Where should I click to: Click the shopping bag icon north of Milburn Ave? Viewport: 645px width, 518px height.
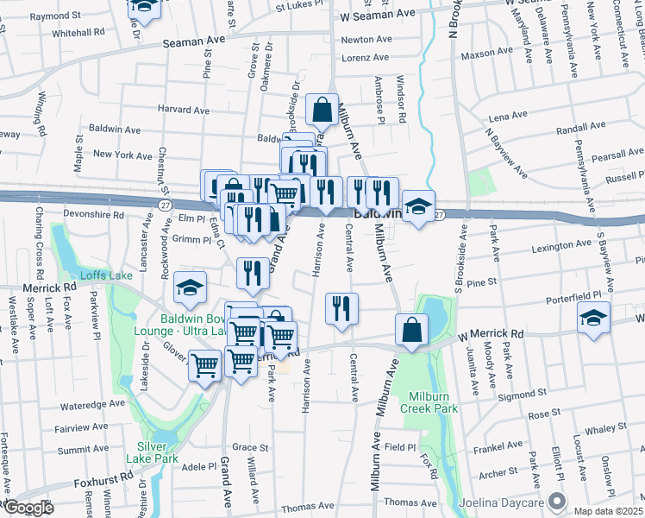point(322,111)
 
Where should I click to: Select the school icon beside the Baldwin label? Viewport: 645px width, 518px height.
point(417,207)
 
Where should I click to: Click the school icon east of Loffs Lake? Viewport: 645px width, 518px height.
point(191,289)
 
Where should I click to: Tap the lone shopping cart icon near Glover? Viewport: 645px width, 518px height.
point(204,368)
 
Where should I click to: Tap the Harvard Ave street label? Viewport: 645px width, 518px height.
point(184,110)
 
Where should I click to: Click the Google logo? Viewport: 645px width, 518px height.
point(28,508)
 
